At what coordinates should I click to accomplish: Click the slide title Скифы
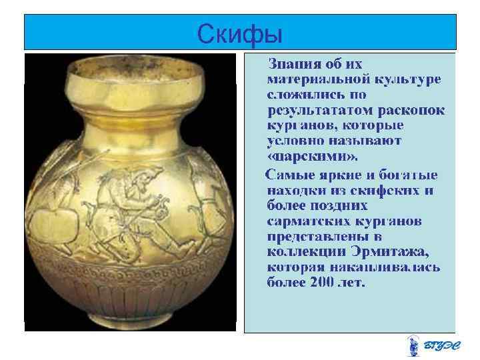click(240, 32)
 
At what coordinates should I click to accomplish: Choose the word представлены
click(313, 236)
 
